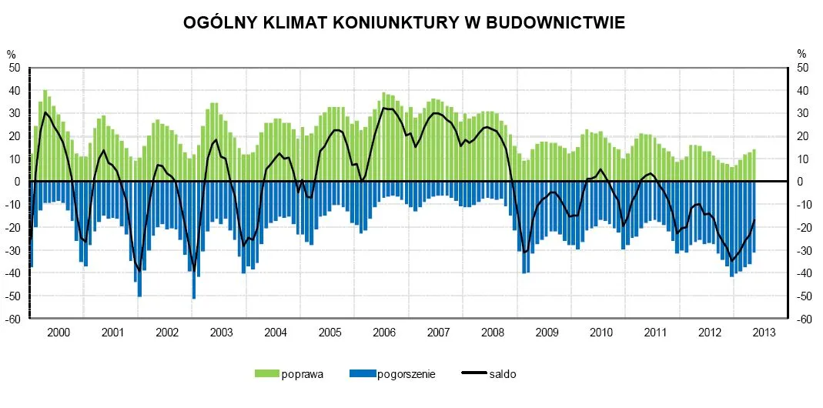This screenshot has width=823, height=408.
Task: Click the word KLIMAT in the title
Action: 296,23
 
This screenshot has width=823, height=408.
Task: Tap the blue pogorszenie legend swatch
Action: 362,374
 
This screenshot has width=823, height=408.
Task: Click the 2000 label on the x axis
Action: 59,333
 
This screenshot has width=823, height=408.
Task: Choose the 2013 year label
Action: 763,333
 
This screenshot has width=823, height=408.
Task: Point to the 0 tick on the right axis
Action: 801,182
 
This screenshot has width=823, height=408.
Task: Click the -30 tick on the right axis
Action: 803,250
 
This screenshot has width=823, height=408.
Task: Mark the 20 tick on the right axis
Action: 802,136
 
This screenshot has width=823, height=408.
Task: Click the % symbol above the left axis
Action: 11,54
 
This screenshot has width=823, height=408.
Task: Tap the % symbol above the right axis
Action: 801,54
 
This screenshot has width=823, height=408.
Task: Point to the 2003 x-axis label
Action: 221,333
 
